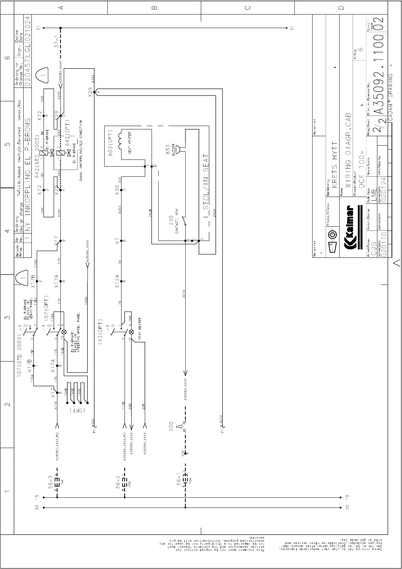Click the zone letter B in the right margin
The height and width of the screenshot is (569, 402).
pyautogui.click(x=155, y=7)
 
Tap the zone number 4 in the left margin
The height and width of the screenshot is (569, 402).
pyautogui.click(x=6, y=231)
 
